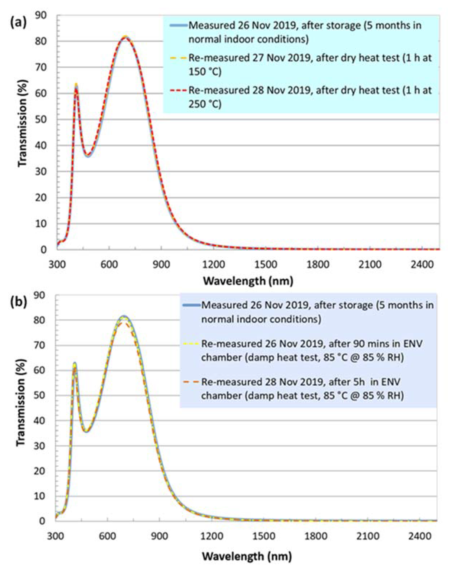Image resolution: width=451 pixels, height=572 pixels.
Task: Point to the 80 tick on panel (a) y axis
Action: click(x=40, y=41)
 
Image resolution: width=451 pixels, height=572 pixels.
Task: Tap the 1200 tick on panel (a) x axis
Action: click(x=213, y=264)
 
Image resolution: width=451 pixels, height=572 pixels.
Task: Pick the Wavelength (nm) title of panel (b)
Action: click(x=247, y=556)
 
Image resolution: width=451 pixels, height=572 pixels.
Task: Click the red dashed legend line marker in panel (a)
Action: click(x=178, y=91)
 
